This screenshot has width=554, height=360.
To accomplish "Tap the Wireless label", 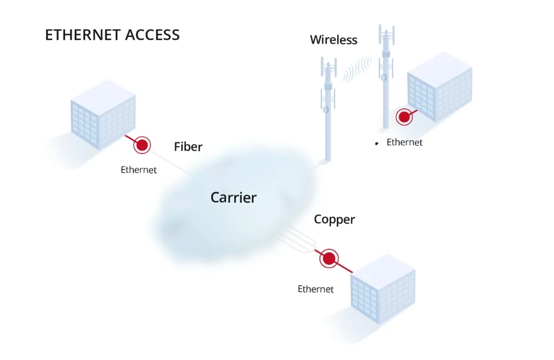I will pos(334,40).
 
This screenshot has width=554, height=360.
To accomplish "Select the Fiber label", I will pos(188,147).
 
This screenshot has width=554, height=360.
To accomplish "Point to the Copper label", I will pos(334,219).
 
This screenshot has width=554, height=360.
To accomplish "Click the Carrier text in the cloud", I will pos(233,197).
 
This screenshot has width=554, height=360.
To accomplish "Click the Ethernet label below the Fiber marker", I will pos(138,170).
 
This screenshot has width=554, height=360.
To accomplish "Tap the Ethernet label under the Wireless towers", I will pos(404,142).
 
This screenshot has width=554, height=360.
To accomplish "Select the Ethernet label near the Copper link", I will pos(316,289).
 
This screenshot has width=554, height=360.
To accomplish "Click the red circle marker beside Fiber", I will pos(142,145).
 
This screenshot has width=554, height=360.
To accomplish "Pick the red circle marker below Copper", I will pos(330,258).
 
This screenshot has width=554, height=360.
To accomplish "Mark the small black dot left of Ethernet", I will pos(377,143).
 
